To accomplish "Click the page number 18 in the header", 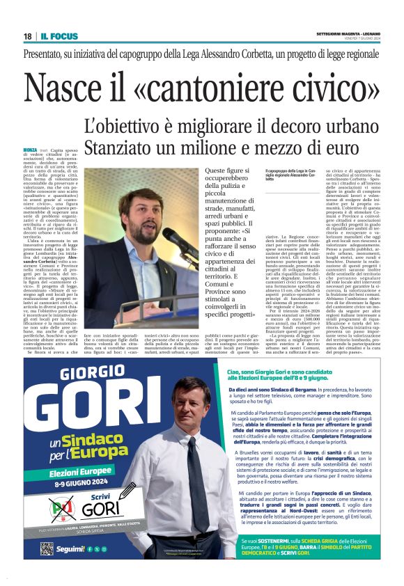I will click(27, 36).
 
